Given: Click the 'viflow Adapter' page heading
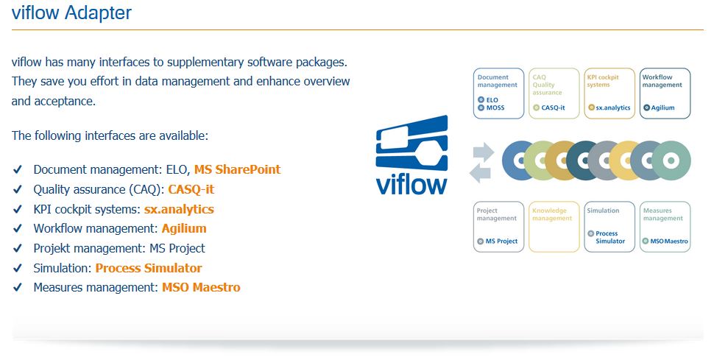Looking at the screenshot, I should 72,13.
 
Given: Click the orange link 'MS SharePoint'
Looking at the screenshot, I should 237,169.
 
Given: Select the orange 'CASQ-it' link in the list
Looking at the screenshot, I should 191,189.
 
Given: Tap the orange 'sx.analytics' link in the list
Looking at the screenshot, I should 179,209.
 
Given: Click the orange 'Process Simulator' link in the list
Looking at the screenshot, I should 149,268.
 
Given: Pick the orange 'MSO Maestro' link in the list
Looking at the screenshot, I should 201,287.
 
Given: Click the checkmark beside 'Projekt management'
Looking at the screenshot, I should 18,249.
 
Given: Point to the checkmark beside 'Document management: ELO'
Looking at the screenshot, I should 18,170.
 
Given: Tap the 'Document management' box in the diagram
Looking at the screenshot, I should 498,93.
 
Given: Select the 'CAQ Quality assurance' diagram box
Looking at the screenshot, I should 554,93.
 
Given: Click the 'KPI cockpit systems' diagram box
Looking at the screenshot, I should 609,93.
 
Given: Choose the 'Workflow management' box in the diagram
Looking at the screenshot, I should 665,93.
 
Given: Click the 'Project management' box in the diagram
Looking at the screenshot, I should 498,227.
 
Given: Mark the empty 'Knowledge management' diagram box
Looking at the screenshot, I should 554,227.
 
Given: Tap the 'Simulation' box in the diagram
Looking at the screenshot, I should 609,227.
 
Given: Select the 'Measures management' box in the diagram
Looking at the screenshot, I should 665,227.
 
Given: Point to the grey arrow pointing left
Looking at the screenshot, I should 481,173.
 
